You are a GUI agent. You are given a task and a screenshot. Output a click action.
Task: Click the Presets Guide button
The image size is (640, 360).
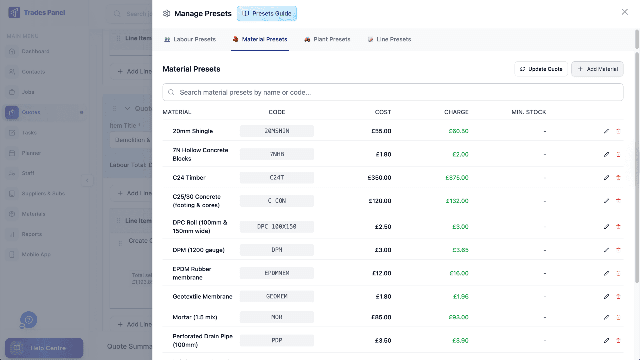[x=267, y=14]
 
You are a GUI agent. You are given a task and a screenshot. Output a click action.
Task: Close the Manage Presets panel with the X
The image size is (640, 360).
[x=624, y=12]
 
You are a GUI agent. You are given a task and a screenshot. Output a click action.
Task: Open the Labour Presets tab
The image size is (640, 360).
[x=190, y=39]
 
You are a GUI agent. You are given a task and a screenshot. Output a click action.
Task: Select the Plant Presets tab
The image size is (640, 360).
[x=327, y=39]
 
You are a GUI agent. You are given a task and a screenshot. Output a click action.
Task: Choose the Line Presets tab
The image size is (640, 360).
[x=389, y=39]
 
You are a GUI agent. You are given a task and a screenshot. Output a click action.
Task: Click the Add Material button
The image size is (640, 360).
[x=597, y=69]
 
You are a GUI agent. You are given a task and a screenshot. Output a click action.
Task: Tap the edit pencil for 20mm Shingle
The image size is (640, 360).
[x=606, y=131]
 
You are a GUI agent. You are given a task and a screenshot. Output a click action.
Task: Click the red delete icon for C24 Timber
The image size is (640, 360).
[x=618, y=178]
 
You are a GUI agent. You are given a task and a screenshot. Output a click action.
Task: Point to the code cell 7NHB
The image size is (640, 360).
[x=277, y=154]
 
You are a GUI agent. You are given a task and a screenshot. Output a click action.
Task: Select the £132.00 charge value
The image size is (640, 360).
[x=457, y=201]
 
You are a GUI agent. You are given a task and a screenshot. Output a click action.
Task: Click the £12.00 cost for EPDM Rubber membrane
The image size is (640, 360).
[x=382, y=273]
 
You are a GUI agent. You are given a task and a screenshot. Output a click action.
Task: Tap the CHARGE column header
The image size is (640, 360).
[x=456, y=112]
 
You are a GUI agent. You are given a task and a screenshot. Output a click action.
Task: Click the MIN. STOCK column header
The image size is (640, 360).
[x=528, y=112]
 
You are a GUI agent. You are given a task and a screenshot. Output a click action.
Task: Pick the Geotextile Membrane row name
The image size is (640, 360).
[x=202, y=297]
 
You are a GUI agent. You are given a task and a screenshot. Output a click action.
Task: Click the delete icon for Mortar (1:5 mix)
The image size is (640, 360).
[x=618, y=317]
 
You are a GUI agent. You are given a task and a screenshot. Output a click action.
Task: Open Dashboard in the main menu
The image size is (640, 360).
[x=36, y=51]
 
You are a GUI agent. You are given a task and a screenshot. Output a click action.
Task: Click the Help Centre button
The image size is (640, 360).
[x=44, y=348]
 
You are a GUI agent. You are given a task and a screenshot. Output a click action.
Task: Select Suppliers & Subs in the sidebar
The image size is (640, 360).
[x=43, y=194]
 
